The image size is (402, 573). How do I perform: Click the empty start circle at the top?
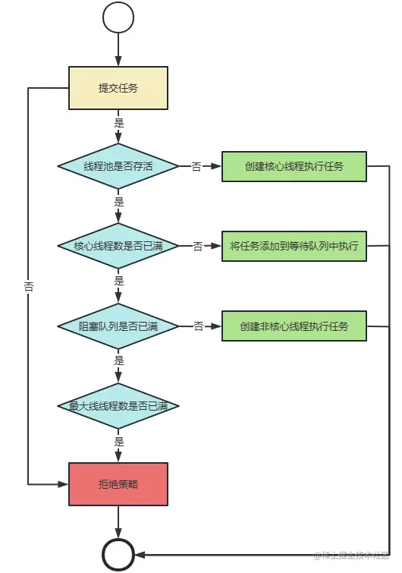click(x=118, y=17)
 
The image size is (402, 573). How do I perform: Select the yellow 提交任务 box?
click(x=118, y=88)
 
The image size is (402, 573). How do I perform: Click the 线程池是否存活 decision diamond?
click(x=118, y=166)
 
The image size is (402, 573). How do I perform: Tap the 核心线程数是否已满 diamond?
click(x=118, y=246)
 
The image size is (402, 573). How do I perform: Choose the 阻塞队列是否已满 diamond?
click(x=118, y=326)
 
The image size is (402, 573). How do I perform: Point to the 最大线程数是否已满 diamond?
click(x=118, y=406)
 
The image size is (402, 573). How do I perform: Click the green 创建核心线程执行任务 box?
click(x=294, y=166)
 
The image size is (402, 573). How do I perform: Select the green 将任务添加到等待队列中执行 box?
click(x=294, y=246)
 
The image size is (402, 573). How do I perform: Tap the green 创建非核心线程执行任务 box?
click(x=294, y=326)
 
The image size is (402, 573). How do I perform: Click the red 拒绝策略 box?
click(x=118, y=484)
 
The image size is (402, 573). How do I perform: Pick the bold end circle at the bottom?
click(x=118, y=556)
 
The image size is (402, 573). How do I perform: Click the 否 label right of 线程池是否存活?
click(x=196, y=166)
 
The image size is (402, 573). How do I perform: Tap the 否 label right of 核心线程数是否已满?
click(x=198, y=246)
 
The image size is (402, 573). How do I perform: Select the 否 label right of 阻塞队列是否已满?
click(x=198, y=326)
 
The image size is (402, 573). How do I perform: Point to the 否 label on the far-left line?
click(x=28, y=287)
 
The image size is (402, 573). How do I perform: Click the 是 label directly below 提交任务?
click(x=118, y=122)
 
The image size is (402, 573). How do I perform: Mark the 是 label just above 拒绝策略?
click(x=118, y=441)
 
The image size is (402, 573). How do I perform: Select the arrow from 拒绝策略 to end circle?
click(x=118, y=523)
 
